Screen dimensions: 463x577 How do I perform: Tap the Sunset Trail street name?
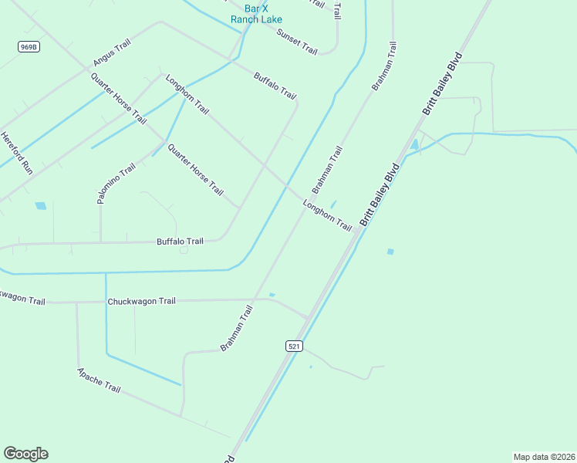click(297, 42)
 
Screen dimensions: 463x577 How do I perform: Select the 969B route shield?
click(29, 47)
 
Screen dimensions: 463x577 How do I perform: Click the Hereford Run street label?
click(17, 152)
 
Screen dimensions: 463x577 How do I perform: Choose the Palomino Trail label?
click(116, 183)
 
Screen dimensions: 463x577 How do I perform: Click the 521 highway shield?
click(293, 346)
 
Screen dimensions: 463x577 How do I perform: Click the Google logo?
click(25, 454)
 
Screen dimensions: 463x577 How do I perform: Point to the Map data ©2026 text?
click(544, 457)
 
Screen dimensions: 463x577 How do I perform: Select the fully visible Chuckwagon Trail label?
click(142, 301)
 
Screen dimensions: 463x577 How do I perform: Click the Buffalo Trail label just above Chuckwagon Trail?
click(180, 242)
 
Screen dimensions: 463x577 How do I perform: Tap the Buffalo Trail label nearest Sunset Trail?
click(275, 85)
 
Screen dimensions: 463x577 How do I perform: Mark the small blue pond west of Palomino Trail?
click(40, 206)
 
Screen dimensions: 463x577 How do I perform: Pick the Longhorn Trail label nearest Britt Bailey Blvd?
click(327, 216)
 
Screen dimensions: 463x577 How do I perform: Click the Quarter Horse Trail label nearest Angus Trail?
click(118, 98)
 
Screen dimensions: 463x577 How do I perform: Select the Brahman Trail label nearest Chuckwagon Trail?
click(237, 329)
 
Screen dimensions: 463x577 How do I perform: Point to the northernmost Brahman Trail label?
click(384, 66)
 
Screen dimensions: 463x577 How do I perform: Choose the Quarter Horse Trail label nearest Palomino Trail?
click(195, 170)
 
